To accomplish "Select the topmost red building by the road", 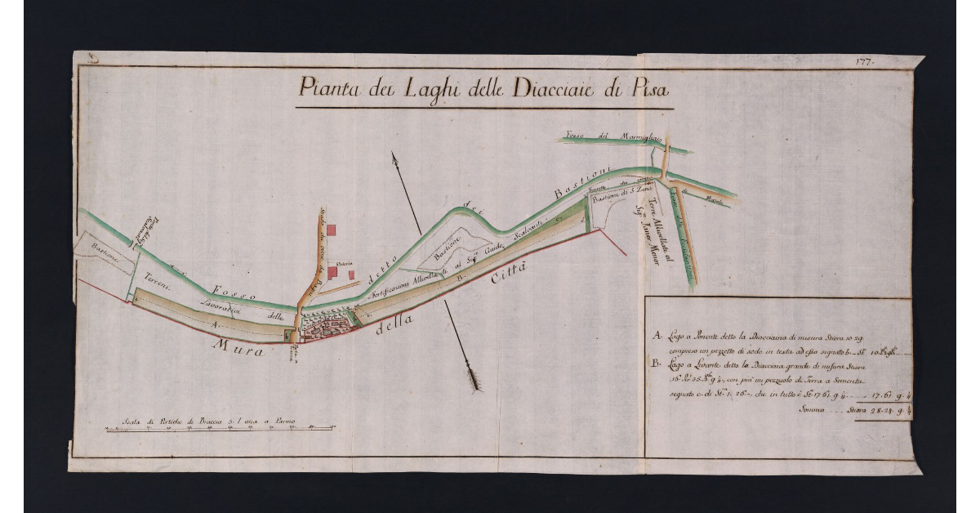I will coord(332,230).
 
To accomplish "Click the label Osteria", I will coord(341,262).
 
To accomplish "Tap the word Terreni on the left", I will coord(156,278).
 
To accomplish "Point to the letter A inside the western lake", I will coord(215,324).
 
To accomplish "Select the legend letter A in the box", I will coord(656,336).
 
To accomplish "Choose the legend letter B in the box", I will coord(656,366).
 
